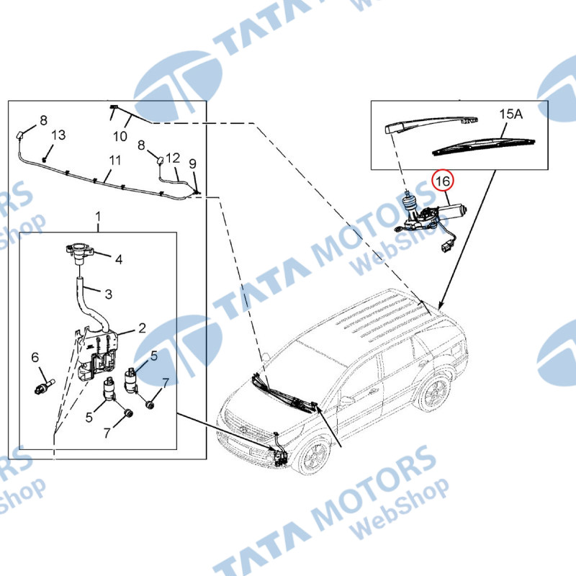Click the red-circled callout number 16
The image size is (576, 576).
443,181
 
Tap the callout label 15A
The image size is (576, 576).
510,114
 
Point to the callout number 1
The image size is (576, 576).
98,217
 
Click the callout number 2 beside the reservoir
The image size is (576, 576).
142,328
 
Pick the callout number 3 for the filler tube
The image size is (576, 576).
109,294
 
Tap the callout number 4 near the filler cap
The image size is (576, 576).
118,260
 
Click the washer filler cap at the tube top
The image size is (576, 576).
79,253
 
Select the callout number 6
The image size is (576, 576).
35,357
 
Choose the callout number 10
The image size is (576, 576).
120,136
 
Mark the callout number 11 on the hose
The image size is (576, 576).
115,161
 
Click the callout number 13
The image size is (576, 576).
58,135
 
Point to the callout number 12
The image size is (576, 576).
173,158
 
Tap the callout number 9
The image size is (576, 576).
192,164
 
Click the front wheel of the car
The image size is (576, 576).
313,456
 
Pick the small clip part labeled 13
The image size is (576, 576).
45,159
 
